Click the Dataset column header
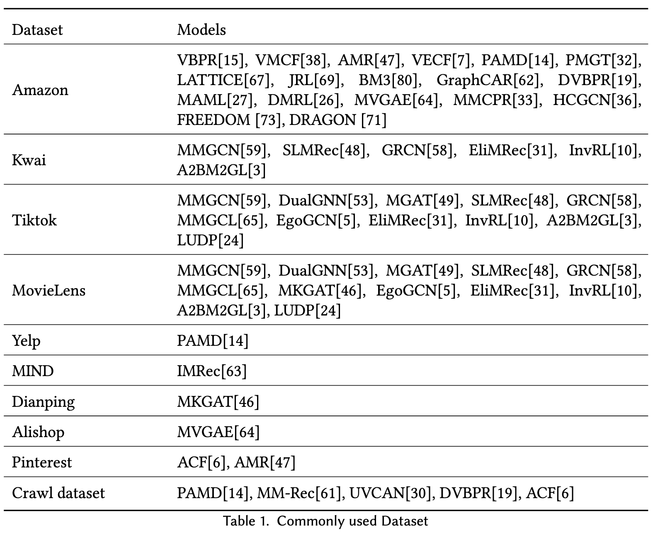click(37, 30)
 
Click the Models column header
click(201, 30)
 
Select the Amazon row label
click(40, 90)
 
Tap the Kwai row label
click(29, 160)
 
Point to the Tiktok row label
click(34, 220)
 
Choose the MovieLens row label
click(49, 290)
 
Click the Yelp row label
click(26, 341)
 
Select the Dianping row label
click(44, 402)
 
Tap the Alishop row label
click(38, 432)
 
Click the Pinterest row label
click(42, 462)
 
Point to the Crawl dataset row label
click(58, 493)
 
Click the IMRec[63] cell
click(212, 371)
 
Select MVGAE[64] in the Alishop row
click(218, 432)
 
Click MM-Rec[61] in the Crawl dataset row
click(301, 493)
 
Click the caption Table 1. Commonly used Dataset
click(326, 521)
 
